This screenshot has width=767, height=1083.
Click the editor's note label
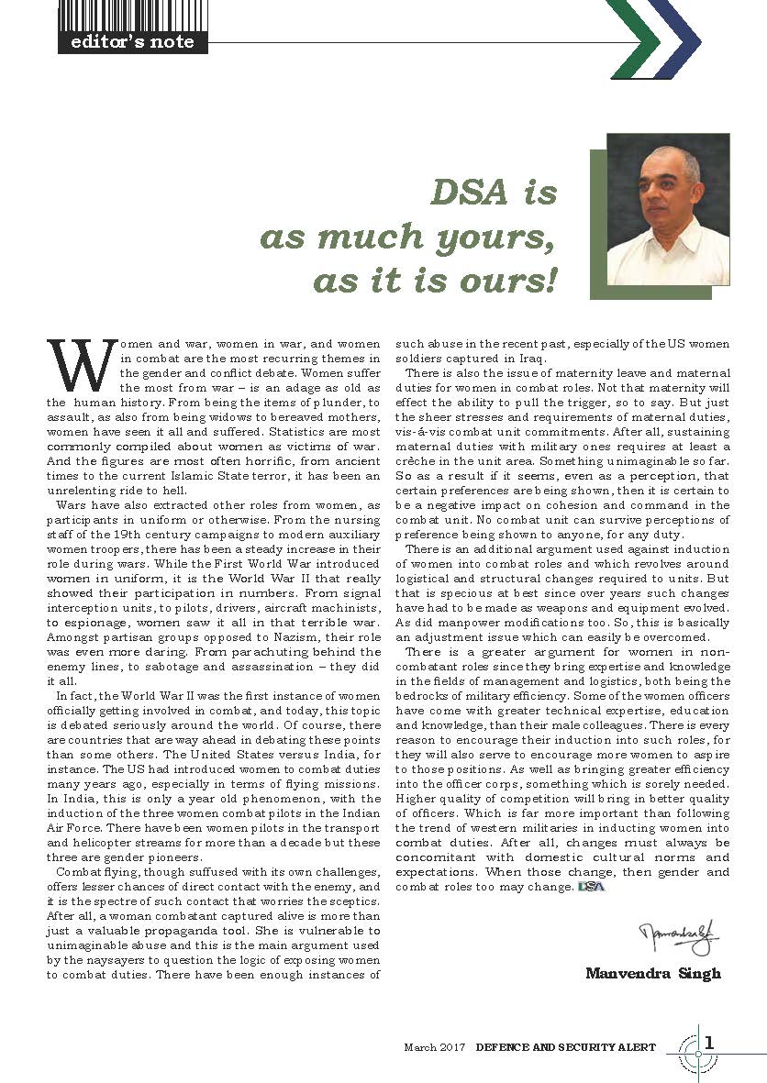[132, 42]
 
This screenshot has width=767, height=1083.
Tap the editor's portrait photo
[669, 209]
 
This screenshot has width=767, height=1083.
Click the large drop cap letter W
[82, 365]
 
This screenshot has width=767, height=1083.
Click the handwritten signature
[678, 939]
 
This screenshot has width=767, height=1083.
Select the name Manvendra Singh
[652, 973]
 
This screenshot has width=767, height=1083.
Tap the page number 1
[710, 1043]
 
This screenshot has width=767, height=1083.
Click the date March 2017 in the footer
[435, 1047]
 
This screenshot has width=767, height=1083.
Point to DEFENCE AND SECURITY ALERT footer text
[566, 1047]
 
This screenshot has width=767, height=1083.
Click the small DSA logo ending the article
[592, 888]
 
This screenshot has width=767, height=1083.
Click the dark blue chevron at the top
[677, 38]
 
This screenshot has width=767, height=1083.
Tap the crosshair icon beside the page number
[698, 1054]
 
